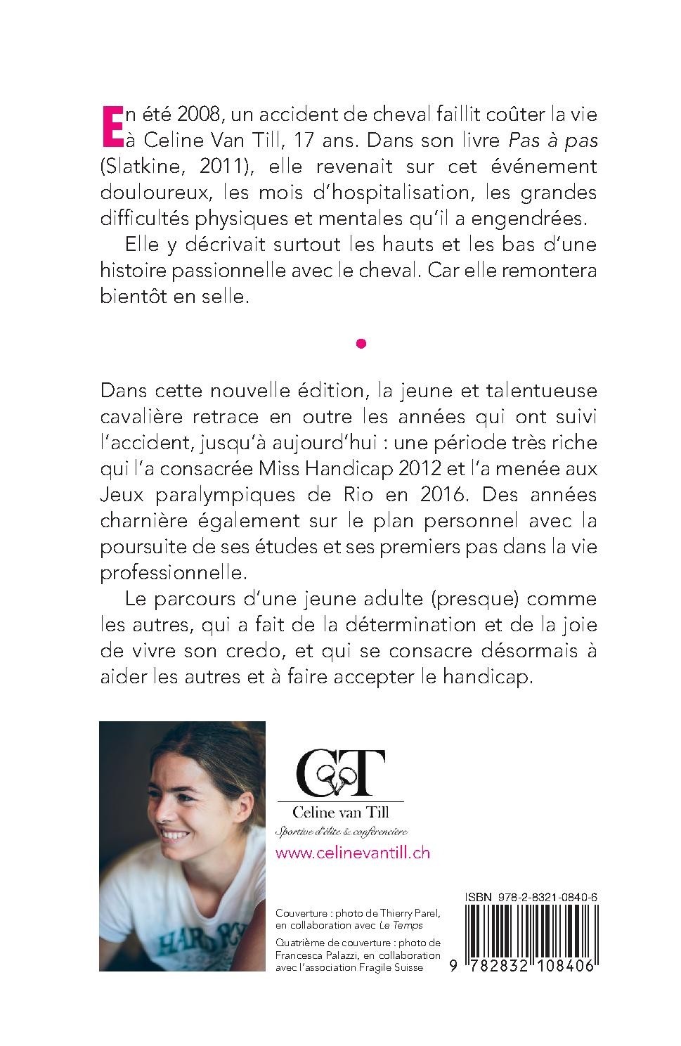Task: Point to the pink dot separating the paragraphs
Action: click(361, 344)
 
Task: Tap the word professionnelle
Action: click(173, 572)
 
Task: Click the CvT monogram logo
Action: click(341, 773)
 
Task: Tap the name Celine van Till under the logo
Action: click(341, 813)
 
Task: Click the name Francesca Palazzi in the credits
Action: click(315, 955)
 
